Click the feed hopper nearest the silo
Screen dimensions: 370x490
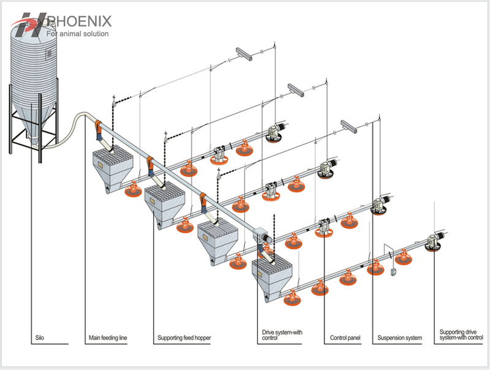(x=113, y=168)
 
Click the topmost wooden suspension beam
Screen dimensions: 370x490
(x=246, y=56)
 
